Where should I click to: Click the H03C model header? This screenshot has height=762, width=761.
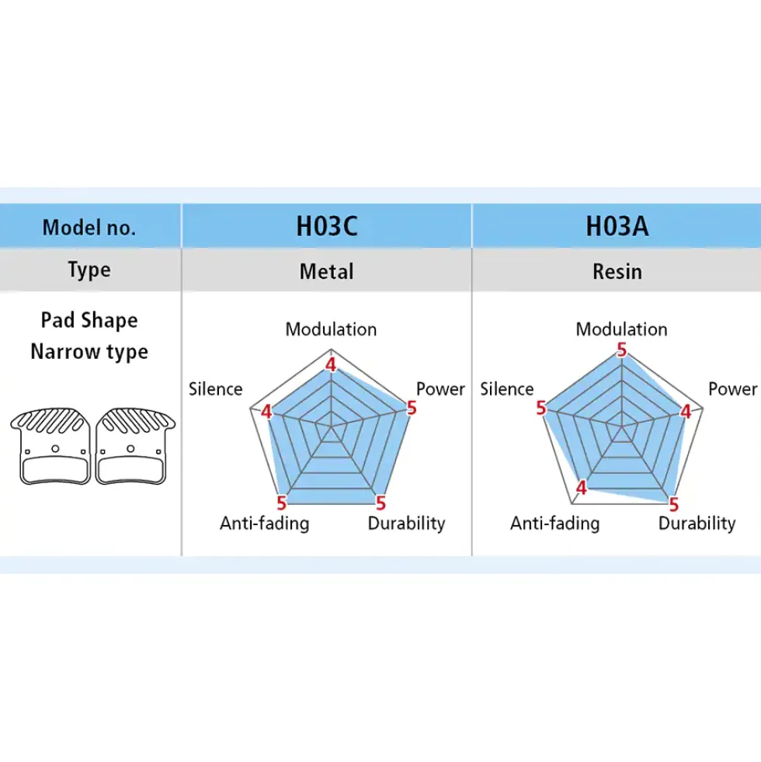[x=327, y=226]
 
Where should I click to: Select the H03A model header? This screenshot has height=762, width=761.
[x=617, y=226]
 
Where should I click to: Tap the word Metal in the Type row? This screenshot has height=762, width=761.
[x=326, y=271]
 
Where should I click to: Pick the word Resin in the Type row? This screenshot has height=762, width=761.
[x=617, y=271]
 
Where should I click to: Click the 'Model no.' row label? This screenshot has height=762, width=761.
[x=89, y=228]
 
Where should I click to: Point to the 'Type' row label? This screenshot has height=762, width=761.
[x=89, y=270]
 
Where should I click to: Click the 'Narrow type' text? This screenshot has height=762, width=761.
[x=89, y=352]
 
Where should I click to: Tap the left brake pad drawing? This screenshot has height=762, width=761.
[x=50, y=446]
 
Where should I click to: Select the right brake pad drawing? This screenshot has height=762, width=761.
[x=135, y=446]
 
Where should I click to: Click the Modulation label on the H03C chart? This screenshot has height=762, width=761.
[x=331, y=329]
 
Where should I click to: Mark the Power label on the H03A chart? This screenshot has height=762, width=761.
[x=732, y=389]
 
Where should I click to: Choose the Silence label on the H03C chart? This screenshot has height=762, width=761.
[x=215, y=389]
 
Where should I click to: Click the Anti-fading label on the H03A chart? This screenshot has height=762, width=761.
[x=554, y=524]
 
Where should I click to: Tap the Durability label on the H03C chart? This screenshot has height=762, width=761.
[x=406, y=524]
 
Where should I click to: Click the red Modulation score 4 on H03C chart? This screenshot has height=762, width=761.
[x=331, y=365]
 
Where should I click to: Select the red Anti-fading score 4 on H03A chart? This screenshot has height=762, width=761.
[x=581, y=488]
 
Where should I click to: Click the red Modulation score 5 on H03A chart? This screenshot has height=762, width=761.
[x=621, y=350]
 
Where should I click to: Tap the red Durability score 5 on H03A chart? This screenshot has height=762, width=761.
[x=673, y=504]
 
